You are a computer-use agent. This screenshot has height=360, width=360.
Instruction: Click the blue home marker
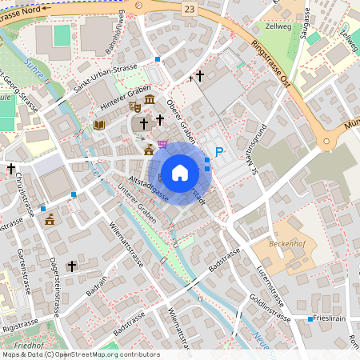coord(180,173)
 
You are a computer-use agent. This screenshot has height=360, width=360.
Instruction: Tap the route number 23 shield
coord(188,8)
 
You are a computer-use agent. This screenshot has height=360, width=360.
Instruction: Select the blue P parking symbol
coord(219,152)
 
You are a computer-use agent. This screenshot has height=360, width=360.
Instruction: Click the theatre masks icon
coord(135,105)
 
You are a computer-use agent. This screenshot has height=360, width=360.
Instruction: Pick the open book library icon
coord(99,125)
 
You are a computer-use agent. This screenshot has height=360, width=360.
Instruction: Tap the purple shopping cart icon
coord(163,144)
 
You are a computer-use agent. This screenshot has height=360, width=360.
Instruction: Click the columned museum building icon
coord(150,99)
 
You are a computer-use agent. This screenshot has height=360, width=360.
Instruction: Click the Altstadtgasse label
coord(150,186)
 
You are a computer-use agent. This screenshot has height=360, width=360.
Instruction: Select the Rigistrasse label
coord(20,326)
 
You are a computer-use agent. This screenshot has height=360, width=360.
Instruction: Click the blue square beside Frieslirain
coord(310,318)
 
